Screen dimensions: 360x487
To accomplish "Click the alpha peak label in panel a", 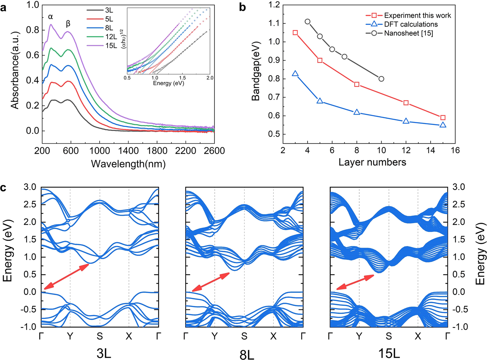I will coord(51,17).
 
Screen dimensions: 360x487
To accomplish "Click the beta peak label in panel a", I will coord(68,23).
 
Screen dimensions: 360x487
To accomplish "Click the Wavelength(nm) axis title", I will coord(128,164).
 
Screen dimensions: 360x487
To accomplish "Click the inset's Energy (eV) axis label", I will coord(169,83).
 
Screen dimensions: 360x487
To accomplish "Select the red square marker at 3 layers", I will coord(295,33).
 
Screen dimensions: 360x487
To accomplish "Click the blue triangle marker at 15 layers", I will coord(443,125).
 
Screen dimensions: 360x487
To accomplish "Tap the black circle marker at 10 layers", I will coord(381,79).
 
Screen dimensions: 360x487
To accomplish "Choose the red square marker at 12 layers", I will coord(406,103).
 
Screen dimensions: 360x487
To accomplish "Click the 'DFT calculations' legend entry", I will coord(411,24).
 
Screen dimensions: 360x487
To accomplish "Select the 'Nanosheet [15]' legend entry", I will coord(408,33).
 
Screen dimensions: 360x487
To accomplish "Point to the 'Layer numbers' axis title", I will coord(372,162).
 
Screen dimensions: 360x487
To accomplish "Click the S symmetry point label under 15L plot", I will coord(389,336).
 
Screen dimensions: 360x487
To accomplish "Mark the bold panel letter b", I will coord(242,7).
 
